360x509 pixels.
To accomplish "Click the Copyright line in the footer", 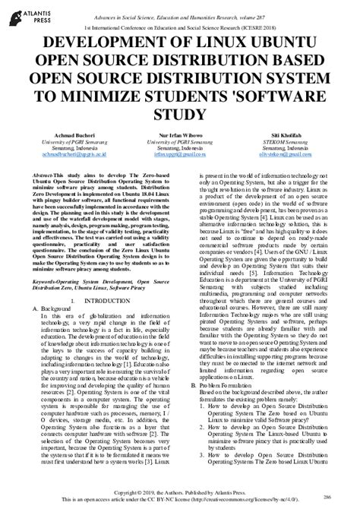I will [x=180, y=492].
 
